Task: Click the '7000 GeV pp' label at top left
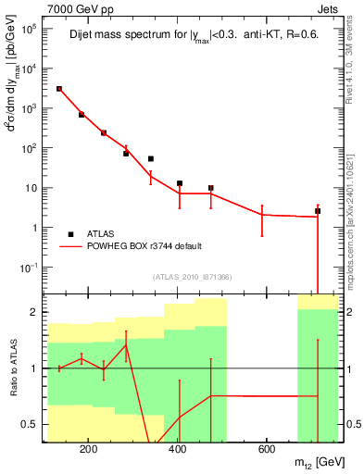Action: [75, 8]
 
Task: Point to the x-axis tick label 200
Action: [89, 451]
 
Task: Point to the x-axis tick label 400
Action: [178, 451]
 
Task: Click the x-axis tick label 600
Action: [266, 451]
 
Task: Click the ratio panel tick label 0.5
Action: [31, 425]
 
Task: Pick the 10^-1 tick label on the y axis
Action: [28, 267]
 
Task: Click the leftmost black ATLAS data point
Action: [59, 89]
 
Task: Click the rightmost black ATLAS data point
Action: [318, 211]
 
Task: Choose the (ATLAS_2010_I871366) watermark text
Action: [193, 277]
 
